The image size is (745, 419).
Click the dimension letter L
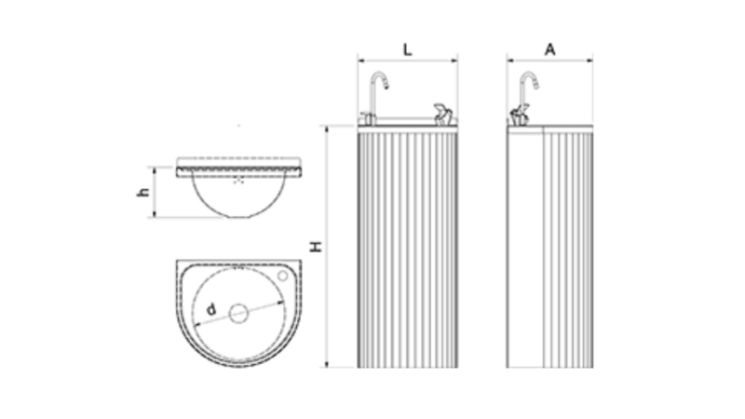pos(407,49)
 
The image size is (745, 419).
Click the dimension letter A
pos(549,49)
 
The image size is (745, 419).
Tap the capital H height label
pos(316,247)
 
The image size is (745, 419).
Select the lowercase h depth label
pos(143,192)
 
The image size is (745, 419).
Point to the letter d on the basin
pos(211,310)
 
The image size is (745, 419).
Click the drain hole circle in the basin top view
pos(238,314)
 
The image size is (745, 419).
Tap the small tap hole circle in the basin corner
pos(283,276)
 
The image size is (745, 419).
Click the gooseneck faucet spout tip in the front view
pos(386,86)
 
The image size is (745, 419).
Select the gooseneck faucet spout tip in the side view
pos(535,86)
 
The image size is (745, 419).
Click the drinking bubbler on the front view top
pos(443,115)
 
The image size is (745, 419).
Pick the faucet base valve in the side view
pos(519,115)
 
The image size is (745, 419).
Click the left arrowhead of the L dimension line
pos(360,61)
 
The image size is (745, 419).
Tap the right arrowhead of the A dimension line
pos(590,61)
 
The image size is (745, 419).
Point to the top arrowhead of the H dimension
pos(327,128)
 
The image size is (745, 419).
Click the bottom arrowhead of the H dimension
pos(327,364)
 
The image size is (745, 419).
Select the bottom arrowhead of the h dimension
pos(155,215)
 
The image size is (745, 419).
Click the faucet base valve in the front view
pos(367,118)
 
